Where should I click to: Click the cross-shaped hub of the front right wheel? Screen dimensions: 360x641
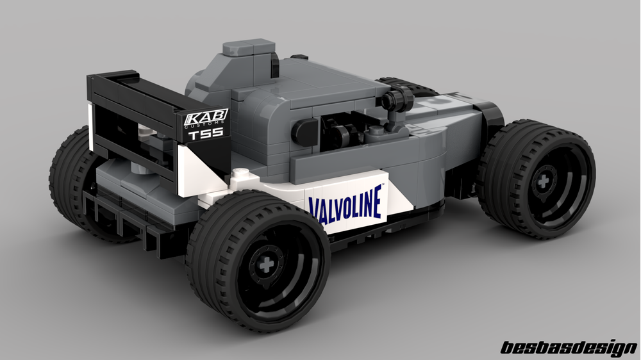tap(544, 177)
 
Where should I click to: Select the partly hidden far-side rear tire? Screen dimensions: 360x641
tap(71, 173)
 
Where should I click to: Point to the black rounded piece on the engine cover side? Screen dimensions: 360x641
tap(305, 133)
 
